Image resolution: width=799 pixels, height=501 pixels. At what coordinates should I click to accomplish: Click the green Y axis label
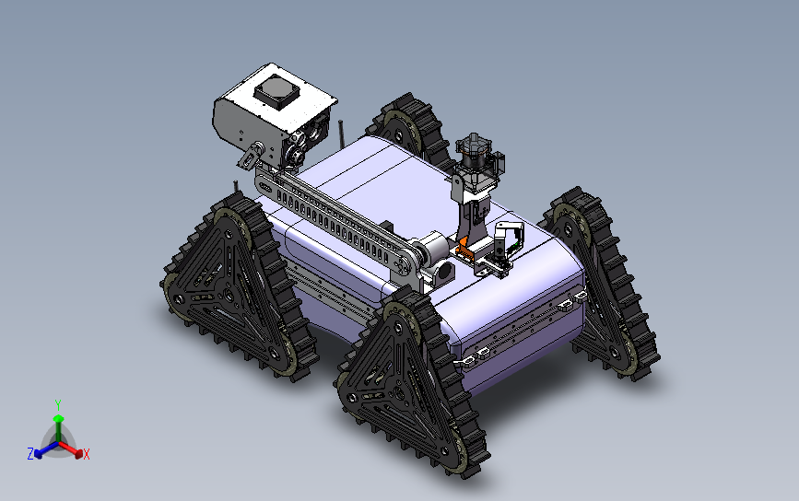58,404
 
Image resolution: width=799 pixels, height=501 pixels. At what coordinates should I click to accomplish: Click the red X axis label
87,454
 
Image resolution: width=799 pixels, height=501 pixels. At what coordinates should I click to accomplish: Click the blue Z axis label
30,453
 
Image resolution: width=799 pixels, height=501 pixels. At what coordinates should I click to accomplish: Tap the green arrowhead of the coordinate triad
58,421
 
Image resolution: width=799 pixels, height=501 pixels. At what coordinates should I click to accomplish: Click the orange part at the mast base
464,247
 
